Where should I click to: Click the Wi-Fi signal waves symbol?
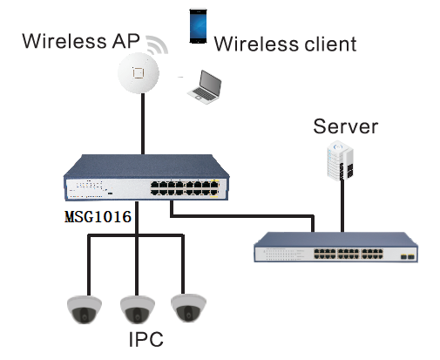coord(156,44)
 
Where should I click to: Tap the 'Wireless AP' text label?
coord(80,41)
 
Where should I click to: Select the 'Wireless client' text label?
coord(285,43)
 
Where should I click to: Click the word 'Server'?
coord(346,127)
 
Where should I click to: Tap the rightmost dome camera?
coord(189,308)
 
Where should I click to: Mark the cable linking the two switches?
coord(244,215)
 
